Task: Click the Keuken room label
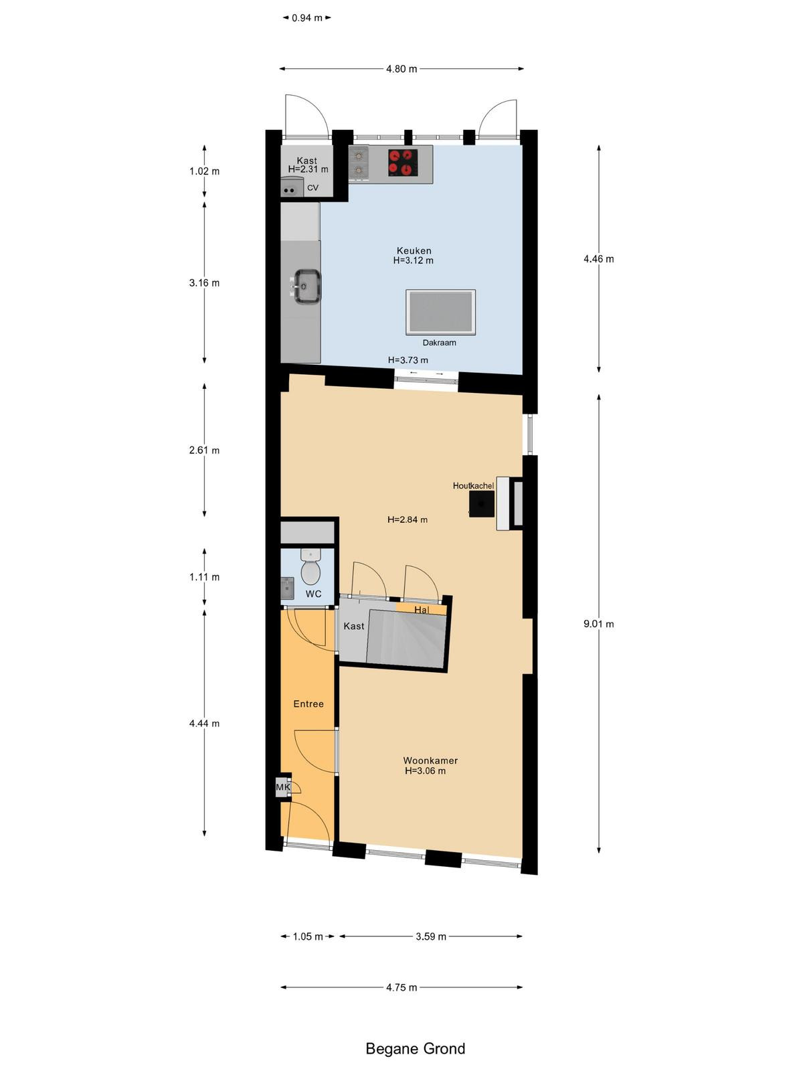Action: click(x=414, y=251)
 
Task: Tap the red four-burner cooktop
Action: click(x=404, y=163)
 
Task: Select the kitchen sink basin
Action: click(x=306, y=286)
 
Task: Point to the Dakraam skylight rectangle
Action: click(x=440, y=313)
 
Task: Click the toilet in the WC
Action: click(x=310, y=568)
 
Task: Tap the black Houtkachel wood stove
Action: click(x=482, y=503)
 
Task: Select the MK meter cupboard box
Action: click(x=283, y=787)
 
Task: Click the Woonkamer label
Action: click(x=430, y=760)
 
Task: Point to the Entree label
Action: click(x=308, y=704)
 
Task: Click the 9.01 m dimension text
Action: click(x=599, y=624)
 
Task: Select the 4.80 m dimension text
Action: click(x=401, y=69)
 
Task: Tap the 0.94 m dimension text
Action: click(x=306, y=18)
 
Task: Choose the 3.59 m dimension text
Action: click(x=430, y=936)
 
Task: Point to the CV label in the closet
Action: click(x=313, y=188)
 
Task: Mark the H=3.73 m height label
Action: click(x=408, y=360)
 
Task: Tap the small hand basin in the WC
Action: click(x=287, y=588)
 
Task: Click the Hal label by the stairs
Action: click(x=422, y=609)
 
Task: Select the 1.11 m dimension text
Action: click(x=204, y=577)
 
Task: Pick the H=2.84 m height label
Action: click(x=407, y=519)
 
